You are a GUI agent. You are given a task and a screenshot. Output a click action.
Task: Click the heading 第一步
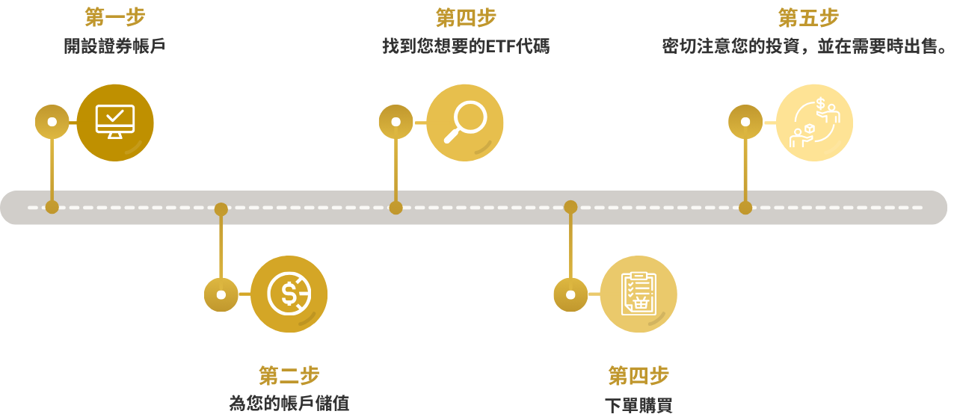click(x=115, y=17)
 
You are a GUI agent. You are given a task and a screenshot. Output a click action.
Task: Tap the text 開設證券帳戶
click(x=114, y=46)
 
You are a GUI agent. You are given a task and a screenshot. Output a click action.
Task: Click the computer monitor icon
click(x=115, y=122)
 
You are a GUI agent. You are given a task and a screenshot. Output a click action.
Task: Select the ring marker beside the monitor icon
click(x=52, y=122)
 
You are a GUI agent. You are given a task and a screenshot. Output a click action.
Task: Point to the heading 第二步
click(x=289, y=376)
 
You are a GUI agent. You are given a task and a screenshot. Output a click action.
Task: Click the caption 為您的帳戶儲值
click(x=289, y=404)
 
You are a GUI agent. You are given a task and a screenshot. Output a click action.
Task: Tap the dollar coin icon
click(x=289, y=294)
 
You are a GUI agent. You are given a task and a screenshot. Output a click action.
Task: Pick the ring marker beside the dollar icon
click(x=221, y=294)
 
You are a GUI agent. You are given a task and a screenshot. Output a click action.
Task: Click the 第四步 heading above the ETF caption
click(x=466, y=18)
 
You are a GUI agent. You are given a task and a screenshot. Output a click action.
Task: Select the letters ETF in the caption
click(x=500, y=46)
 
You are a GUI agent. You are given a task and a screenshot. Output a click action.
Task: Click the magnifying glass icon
click(x=465, y=122)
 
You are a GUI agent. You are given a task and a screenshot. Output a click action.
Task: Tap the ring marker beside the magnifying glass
click(x=396, y=122)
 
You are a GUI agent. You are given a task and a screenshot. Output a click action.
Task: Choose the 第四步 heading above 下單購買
click(x=638, y=376)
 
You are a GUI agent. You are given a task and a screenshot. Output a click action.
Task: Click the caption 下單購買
click(x=638, y=406)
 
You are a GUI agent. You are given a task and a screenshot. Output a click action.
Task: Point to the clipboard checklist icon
click(x=638, y=294)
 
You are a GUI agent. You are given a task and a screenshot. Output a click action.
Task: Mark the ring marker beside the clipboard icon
click(x=570, y=294)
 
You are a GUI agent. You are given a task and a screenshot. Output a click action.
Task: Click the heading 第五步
click(x=809, y=18)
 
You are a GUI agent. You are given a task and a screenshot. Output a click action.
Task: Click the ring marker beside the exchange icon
click(x=745, y=122)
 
